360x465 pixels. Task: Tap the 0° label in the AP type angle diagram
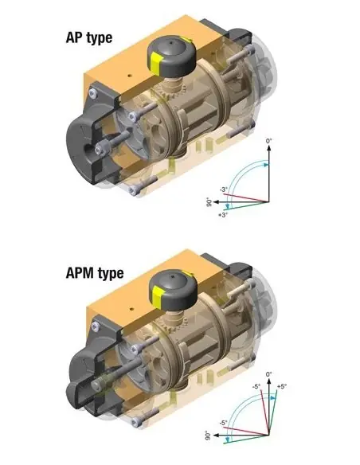270,140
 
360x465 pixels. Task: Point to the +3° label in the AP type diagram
224,215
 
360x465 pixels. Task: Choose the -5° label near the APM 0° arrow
256,385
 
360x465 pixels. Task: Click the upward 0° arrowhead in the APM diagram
269,381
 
